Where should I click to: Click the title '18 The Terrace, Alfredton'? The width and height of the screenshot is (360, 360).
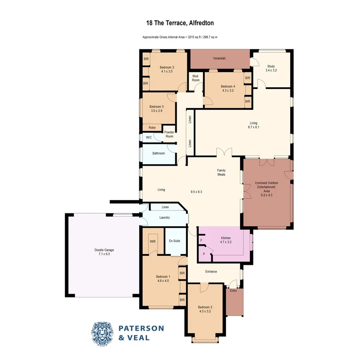click(180, 23)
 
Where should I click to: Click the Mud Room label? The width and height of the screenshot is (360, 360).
click(195, 78)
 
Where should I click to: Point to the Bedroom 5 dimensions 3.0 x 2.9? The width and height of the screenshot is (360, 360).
click(157, 111)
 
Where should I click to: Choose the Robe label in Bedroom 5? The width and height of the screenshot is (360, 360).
click(152, 127)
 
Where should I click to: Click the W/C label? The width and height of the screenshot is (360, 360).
click(149, 137)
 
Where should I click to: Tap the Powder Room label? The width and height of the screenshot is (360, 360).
click(169, 134)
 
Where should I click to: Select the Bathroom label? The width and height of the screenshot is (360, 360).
click(158, 153)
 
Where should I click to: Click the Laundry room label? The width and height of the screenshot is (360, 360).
click(165, 218)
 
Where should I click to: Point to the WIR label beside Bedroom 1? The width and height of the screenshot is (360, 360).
click(153, 241)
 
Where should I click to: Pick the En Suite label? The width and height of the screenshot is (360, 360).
click(175, 241)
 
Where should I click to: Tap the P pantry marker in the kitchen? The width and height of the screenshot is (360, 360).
click(204, 254)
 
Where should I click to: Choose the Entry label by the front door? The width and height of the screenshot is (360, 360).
click(233, 290)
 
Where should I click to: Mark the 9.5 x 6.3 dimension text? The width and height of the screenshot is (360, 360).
click(197, 192)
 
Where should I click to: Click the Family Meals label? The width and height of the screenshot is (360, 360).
click(221, 172)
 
